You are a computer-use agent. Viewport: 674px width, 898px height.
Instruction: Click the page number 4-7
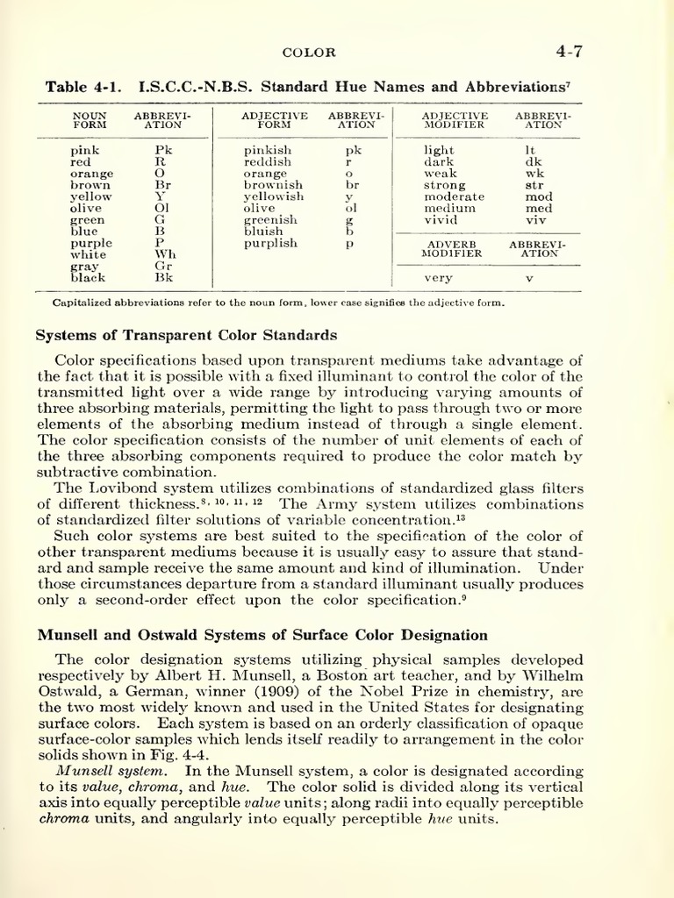pos(569,51)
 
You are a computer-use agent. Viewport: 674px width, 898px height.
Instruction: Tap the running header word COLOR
pos(308,53)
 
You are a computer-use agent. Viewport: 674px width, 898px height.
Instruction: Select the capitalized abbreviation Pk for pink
pos(163,151)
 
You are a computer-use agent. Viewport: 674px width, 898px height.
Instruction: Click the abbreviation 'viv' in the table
pos(534,220)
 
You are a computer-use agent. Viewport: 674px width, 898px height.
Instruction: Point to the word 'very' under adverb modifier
pos(438,278)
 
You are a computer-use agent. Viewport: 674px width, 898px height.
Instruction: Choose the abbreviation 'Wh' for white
pos(166,254)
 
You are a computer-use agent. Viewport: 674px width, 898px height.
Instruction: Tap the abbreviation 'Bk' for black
pos(164,277)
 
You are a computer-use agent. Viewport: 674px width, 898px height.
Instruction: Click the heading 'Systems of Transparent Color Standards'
pos(185,334)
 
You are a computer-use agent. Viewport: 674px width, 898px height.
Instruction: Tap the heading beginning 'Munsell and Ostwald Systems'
pos(261,635)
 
